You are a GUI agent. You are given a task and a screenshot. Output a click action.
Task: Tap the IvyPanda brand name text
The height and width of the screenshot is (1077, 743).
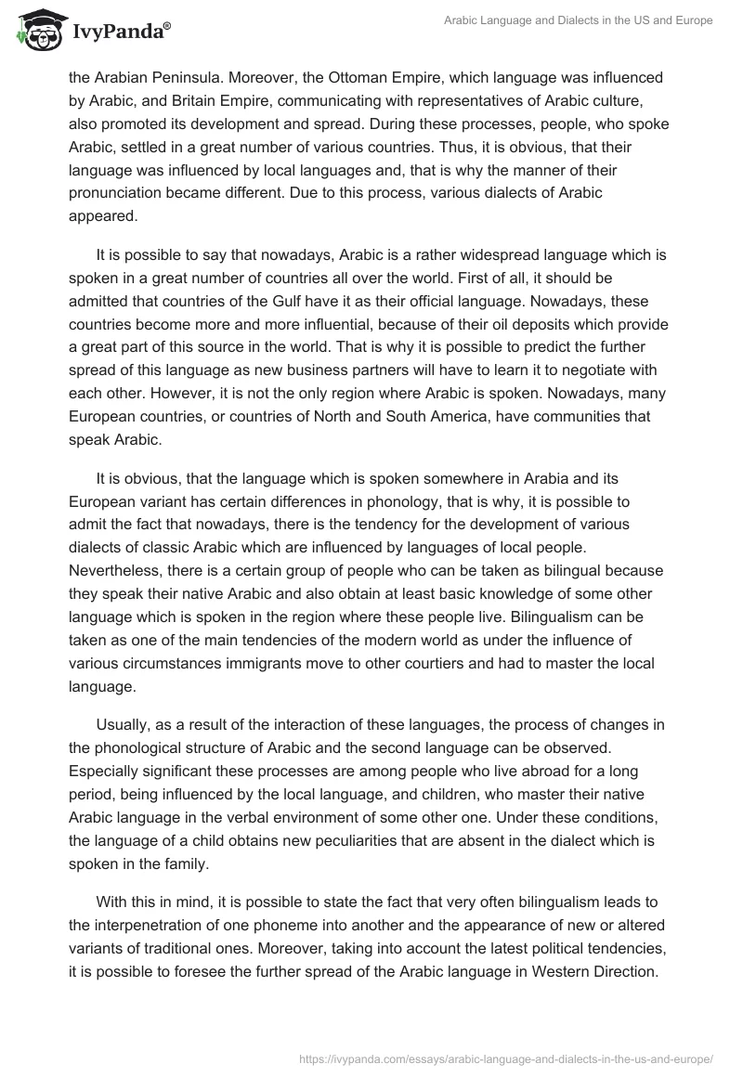pyautogui.click(x=120, y=32)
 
